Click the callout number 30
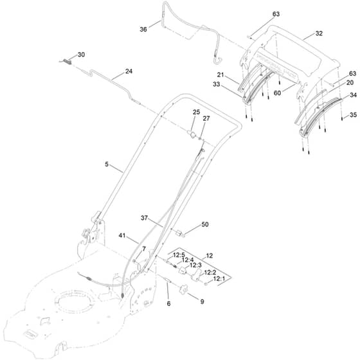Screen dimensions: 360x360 [x=81, y=55]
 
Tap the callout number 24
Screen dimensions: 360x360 [x=129, y=71]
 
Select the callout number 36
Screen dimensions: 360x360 [x=143, y=30]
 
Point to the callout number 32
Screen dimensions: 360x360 [x=319, y=33]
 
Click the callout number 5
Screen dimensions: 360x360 [x=107, y=165]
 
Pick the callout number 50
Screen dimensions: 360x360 [x=205, y=224]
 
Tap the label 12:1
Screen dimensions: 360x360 [x=219, y=279]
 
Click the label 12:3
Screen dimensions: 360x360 [x=195, y=265]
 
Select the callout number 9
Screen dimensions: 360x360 [x=202, y=301]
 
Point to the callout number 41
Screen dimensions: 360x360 [x=122, y=235]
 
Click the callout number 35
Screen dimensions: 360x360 [x=353, y=115]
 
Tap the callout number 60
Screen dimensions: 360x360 [x=277, y=93]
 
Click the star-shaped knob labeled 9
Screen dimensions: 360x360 [x=183, y=289]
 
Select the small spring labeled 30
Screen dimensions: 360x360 [x=66, y=61]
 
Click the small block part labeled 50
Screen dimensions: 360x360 [x=179, y=233]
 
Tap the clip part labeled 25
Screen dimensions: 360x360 [x=192, y=134]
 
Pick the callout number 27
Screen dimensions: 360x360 [x=206, y=118]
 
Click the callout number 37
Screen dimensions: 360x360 [x=144, y=218]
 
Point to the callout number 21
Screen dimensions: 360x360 [x=221, y=75]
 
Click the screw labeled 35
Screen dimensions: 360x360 [x=342, y=118]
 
